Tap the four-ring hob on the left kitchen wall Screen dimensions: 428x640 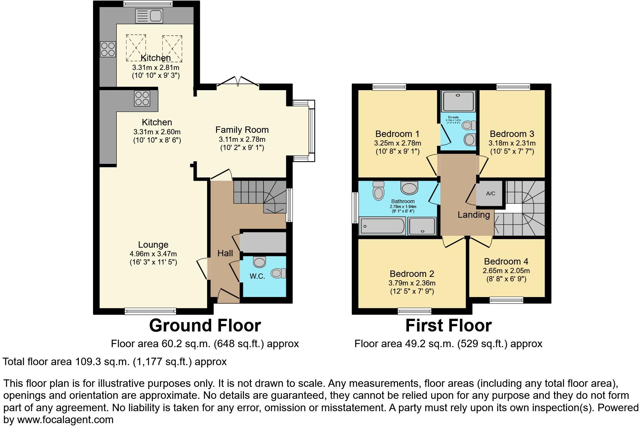click(108, 49)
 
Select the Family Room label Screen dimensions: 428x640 click(242, 130)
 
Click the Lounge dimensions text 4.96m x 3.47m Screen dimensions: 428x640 click(153, 254)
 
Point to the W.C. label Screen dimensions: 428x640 click(257, 276)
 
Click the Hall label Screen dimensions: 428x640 click(225, 253)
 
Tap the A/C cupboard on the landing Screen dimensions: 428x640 click(490, 193)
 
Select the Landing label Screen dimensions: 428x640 click(474, 215)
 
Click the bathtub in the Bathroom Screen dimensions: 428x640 click(382, 226)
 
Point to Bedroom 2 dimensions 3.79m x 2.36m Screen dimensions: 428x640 click(412, 283)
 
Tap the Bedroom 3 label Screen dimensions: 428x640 click(512, 134)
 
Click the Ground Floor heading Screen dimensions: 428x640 click(205, 325)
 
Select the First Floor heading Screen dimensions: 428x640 click(448, 325)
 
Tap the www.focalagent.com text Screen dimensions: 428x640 click(65, 420)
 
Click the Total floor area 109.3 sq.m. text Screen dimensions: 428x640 click(114, 362)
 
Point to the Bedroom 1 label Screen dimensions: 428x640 click(397, 134)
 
